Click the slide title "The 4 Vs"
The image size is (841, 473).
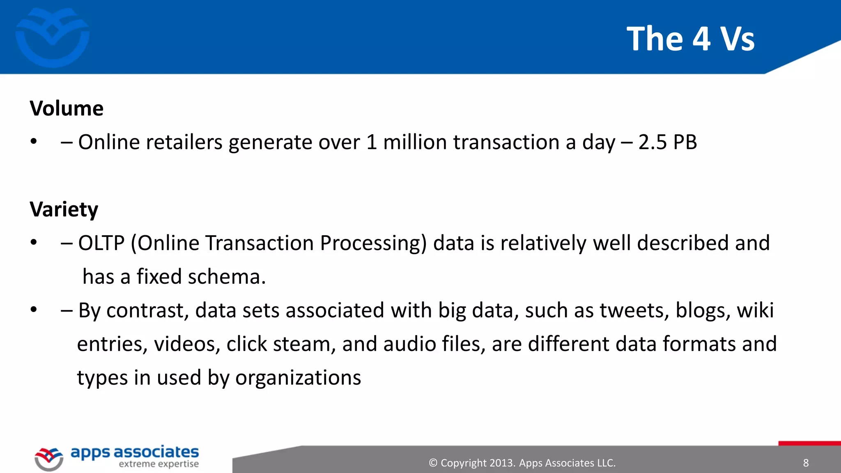pos(690,39)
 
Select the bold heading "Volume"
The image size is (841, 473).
pos(67,109)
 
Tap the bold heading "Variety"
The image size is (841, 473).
pos(64,210)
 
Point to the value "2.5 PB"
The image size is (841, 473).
pos(668,142)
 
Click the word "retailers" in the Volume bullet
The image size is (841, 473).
pos(184,142)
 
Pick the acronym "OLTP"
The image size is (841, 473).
pos(101,243)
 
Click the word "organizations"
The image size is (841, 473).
pos(298,378)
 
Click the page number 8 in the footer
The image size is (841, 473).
pos(806,463)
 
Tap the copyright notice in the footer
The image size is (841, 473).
pos(522,463)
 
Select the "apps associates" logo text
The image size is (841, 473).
pos(135,452)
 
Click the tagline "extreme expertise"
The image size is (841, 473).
pos(159,464)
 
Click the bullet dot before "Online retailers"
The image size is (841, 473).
pos(34,142)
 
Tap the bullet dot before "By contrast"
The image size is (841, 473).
pos(34,310)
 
